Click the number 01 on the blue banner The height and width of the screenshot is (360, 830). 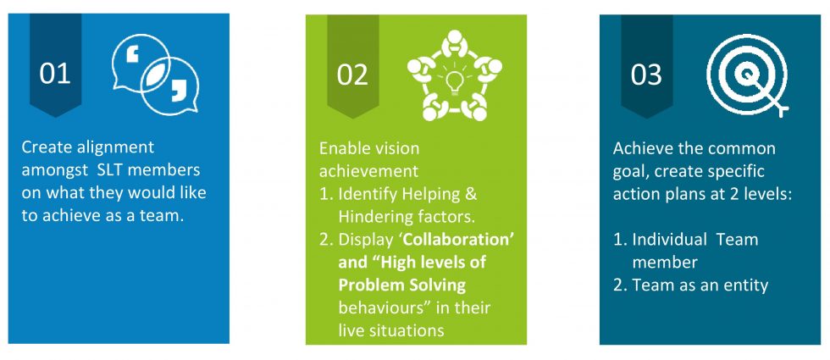click(x=55, y=75)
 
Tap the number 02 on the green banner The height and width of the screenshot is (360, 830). click(x=352, y=75)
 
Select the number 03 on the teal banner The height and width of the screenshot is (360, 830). click(x=646, y=75)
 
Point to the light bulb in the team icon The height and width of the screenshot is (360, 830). click(x=454, y=82)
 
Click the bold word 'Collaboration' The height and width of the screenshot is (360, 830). click(x=456, y=239)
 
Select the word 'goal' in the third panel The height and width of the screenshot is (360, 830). click(x=630, y=172)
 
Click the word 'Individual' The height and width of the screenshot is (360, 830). click(x=670, y=239)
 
